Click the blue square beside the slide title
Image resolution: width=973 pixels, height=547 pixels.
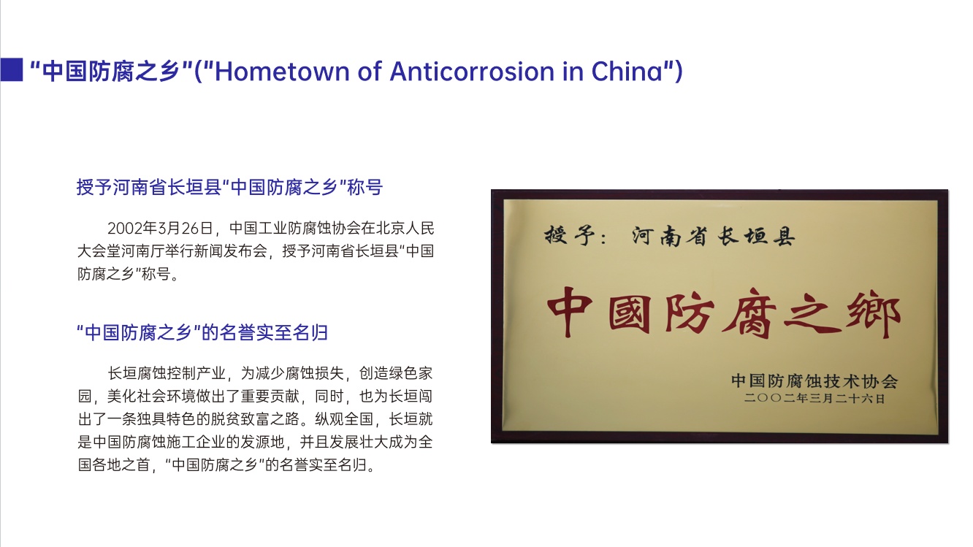[11, 69]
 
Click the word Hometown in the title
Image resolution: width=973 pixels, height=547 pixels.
[282, 71]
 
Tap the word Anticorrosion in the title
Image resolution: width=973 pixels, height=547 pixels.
[472, 71]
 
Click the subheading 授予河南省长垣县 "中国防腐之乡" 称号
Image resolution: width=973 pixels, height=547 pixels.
[229, 188]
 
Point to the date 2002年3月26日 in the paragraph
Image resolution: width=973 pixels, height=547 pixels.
[160, 228]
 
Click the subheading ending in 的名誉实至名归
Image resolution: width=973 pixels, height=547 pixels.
[202, 332]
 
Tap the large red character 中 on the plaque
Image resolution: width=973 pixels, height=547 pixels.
[570, 311]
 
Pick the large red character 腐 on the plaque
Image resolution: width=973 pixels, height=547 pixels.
[750, 313]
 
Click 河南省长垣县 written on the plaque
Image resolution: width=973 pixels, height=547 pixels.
[713, 237]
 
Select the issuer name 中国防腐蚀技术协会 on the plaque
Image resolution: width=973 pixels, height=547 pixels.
[814, 380]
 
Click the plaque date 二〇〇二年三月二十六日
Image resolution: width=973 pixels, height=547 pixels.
[814, 398]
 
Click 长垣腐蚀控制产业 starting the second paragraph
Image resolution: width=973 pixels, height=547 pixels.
[167, 373]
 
